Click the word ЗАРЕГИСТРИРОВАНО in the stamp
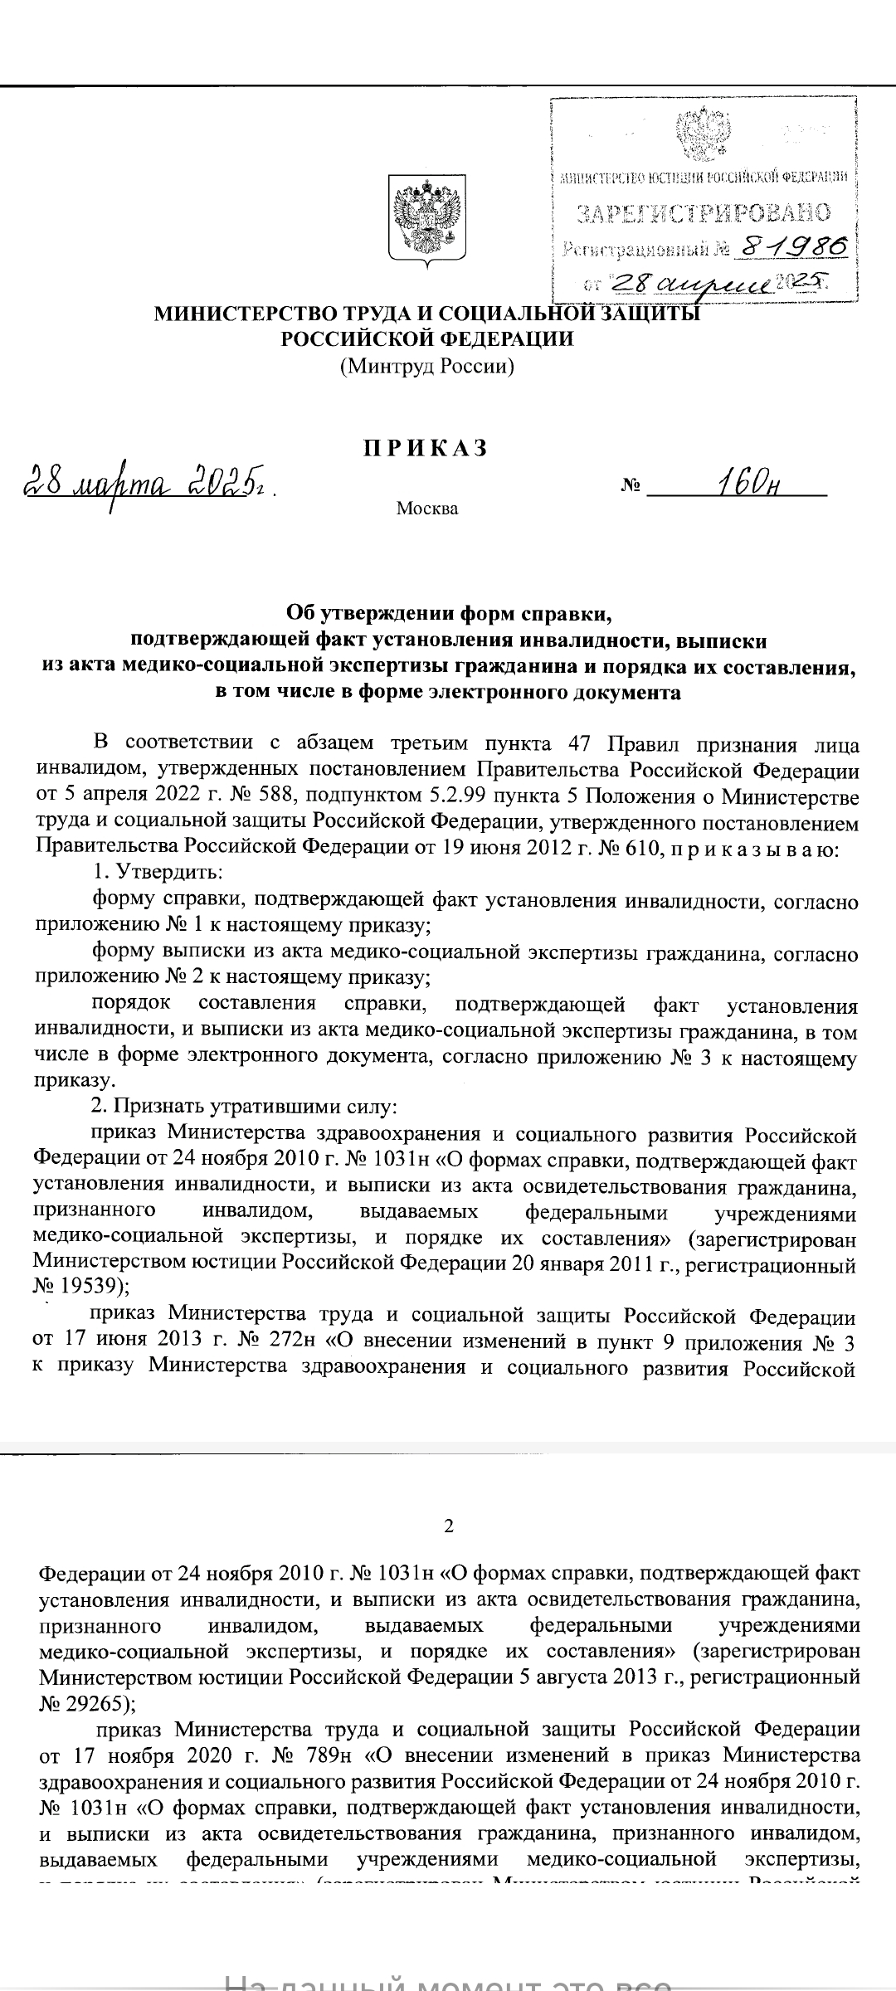703,214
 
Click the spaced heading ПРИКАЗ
426,449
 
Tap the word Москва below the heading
426,509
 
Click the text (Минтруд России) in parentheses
427,366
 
